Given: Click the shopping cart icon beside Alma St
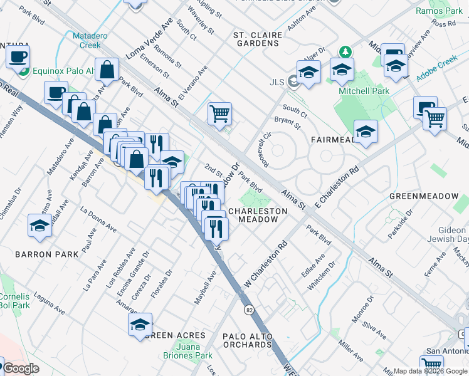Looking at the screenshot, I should tap(219, 114).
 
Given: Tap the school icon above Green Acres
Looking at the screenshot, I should tap(140, 325).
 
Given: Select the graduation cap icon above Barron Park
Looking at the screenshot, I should tap(40, 226).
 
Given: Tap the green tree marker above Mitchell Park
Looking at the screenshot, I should tap(344, 51).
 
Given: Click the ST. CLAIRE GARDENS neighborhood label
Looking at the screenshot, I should tap(255, 38).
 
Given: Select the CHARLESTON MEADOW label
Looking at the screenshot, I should tap(257, 216).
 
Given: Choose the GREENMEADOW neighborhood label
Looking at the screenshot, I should tap(424, 196).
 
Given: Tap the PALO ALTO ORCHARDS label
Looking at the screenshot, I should tap(247, 340).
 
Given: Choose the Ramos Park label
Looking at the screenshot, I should tap(439, 11).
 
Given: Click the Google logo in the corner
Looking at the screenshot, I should tap(21, 368).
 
